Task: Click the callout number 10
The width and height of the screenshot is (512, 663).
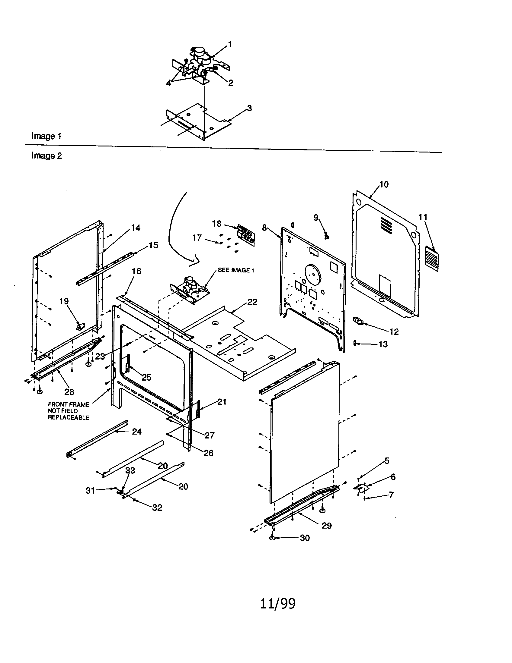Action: pos(384,184)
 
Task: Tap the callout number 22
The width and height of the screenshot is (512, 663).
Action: pos(252,302)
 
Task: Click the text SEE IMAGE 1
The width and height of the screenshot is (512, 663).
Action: pos(236,270)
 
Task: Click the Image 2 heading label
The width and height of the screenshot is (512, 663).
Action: pos(46,156)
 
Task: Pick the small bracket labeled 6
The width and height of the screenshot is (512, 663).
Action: pos(361,488)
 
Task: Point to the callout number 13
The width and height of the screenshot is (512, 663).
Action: pos(383,344)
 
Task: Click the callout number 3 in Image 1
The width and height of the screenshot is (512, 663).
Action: pos(249,108)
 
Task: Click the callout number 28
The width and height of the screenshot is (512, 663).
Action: pos(69,392)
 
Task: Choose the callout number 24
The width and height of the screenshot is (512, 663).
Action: pos(136,431)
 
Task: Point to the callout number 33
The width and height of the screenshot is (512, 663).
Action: pos(130,470)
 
